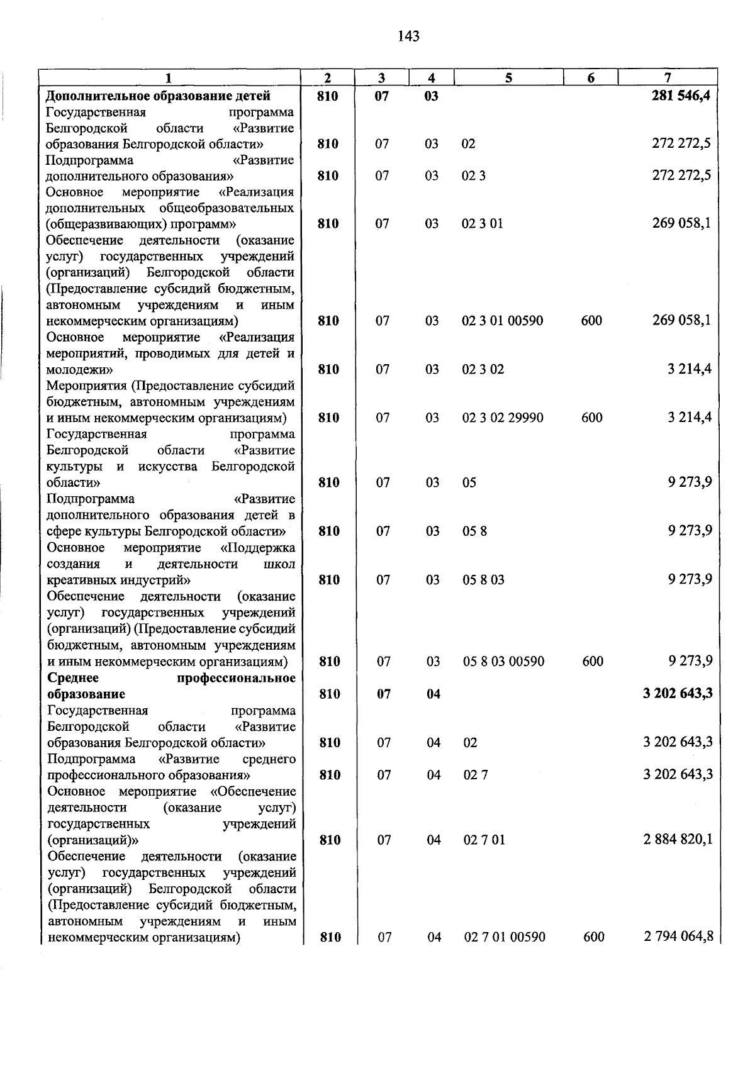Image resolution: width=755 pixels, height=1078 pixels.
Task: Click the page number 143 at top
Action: [x=408, y=36]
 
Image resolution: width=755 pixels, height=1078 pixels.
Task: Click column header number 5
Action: [x=508, y=78]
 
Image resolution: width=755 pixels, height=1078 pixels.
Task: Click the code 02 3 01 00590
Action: [x=502, y=321]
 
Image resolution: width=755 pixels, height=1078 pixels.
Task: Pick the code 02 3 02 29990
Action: [x=503, y=418]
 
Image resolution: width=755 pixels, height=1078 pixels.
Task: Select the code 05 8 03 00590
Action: [x=503, y=661]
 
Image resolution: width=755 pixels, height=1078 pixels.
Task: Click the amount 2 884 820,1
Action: [x=678, y=840]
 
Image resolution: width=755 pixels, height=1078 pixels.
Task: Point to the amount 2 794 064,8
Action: [x=678, y=936]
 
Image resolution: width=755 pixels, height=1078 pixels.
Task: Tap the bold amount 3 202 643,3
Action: [x=678, y=694]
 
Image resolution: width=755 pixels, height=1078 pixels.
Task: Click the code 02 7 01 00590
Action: [x=505, y=937]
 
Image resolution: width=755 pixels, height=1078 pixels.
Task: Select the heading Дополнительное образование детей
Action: [x=159, y=96]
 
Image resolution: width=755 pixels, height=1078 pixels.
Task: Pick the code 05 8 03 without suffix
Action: [x=483, y=580]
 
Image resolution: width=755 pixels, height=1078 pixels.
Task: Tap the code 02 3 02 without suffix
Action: [x=483, y=369]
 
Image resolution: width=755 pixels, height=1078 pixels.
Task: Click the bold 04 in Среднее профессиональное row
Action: [x=433, y=694]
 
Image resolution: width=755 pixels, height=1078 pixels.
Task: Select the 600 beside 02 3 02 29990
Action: [x=591, y=418]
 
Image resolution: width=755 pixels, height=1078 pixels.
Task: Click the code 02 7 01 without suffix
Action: [x=484, y=840]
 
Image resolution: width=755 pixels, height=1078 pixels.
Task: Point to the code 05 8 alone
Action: [x=474, y=531]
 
